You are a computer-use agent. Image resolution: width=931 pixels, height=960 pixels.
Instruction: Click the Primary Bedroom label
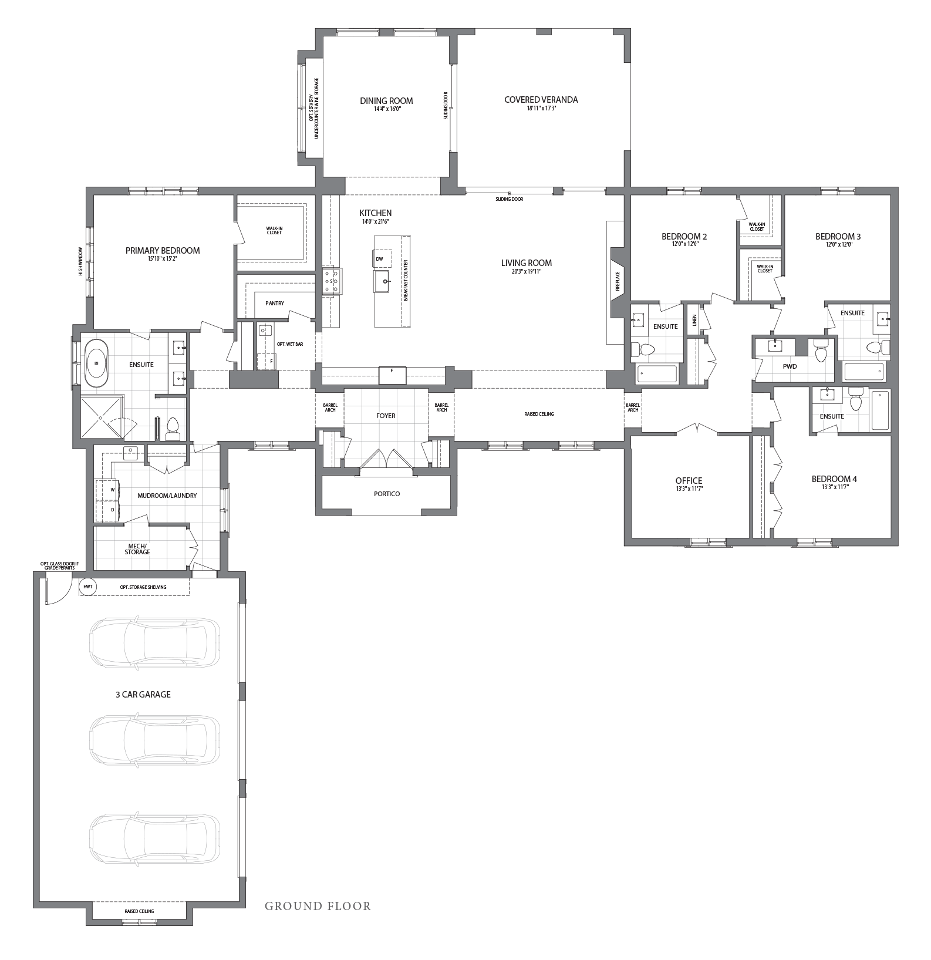163,251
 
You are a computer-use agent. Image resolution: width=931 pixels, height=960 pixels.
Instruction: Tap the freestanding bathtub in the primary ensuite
96,363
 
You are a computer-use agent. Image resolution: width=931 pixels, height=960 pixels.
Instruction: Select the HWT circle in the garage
87,587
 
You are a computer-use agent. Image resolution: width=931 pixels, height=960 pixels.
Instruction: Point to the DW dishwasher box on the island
379,258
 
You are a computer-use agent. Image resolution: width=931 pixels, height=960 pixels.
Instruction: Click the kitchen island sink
385,282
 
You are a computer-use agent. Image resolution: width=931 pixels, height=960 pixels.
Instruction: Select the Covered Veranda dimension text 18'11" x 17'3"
541,108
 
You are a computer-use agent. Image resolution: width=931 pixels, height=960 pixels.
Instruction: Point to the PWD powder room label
790,366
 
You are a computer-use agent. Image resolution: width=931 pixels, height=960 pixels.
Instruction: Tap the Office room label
689,481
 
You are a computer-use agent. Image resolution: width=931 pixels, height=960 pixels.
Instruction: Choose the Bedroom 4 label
834,479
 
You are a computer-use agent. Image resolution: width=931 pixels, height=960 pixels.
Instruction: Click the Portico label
387,494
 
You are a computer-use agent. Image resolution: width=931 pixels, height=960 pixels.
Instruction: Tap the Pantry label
275,304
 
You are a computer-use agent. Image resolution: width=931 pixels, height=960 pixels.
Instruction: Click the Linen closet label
694,320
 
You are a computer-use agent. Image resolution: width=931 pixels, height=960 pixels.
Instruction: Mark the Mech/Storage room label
137,549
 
